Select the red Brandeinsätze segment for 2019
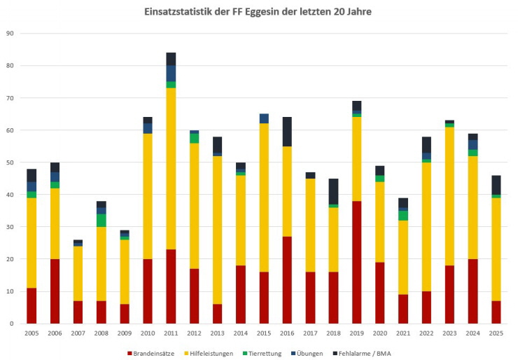click(356, 262)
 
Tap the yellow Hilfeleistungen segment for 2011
click(171, 168)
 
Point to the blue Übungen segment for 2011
click(171, 73)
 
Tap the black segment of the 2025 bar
click(496, 185)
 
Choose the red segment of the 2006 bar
click(55, 291)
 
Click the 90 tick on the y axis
click(10, 34)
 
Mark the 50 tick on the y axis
click(10, 162)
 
